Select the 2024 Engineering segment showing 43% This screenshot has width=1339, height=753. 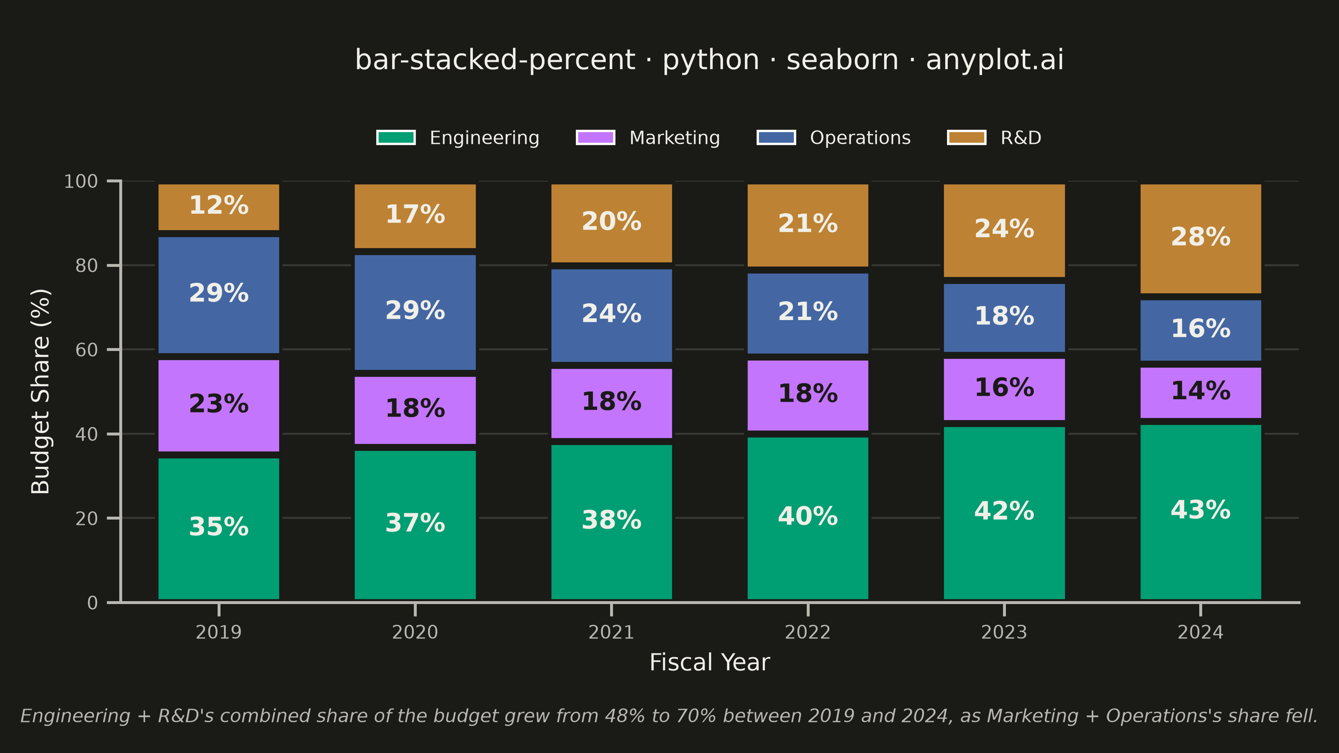pos(1201,512)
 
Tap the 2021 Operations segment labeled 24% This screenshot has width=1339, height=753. pos(612,315)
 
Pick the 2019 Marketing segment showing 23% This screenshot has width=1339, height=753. pos(219,406)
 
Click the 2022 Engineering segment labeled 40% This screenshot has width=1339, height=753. pos(808,518)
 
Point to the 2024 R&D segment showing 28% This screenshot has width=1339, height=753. pos(1201,238)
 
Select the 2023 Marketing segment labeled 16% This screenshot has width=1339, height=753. pos(1004,389)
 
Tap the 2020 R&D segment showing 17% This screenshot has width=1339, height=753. pos(416,216)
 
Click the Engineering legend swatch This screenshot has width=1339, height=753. pos(396,138)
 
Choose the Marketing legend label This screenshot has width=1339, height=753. pos(675,138)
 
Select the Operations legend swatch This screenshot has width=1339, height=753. pos(776,138)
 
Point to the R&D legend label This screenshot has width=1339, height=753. pos(1021,138)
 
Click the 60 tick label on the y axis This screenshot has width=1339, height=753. pos(86,350)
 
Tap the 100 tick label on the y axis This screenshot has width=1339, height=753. pos(81,182)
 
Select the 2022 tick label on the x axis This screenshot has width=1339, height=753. pos(808,633)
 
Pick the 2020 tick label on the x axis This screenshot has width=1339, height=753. pos(416,633)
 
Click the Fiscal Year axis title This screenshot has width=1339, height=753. pos(710,663)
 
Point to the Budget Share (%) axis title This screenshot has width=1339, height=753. pos(41,391)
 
